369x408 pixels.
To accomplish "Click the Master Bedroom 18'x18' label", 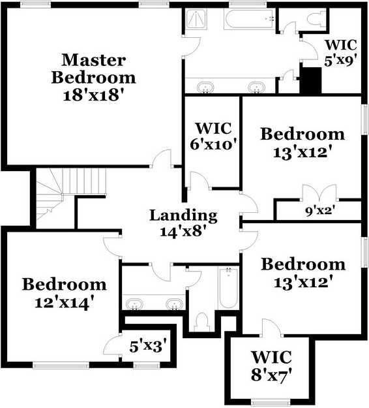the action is [x=93, y=77].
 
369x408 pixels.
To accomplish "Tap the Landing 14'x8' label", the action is [x=183, y=223].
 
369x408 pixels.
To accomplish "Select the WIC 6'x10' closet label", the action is [x=214, y=136].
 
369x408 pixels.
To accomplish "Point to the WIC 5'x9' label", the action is [x=340, y=53].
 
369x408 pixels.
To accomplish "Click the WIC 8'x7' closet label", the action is [x=271, y=366].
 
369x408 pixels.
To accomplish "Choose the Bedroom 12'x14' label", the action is [x=65, y=293].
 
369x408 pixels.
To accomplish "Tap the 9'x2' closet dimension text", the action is [x=320, y=211].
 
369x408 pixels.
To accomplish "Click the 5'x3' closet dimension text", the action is [x=148, y=347].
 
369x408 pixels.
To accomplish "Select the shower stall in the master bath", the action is [x=196, y=19].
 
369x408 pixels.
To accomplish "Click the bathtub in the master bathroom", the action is [x=249, y=18].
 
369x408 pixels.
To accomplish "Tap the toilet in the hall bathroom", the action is [x=201, y=322].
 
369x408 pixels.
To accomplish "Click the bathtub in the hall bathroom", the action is [x=228, y=287].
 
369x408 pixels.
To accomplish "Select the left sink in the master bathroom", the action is [x=205, y=87].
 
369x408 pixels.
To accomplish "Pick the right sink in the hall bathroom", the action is [x=175, y=304].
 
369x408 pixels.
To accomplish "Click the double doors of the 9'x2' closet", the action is [x=319, y=193].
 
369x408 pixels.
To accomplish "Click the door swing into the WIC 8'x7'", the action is [x=272, y=327].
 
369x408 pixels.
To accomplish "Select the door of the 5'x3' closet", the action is [x=112, y=345].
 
